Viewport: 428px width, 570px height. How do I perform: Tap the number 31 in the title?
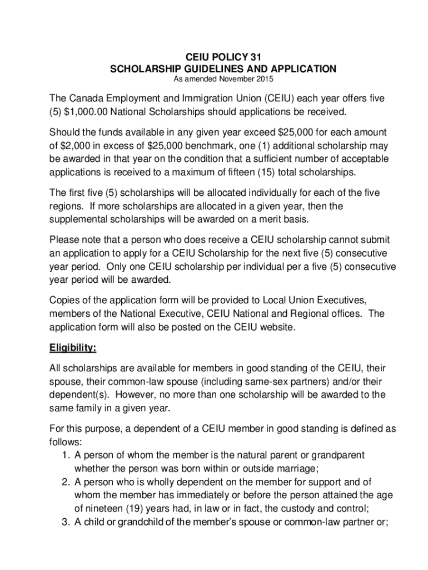tap(253, 57)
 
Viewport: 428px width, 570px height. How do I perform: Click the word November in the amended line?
tap(234, 79)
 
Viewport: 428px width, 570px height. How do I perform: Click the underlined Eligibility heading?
tap(73, 348)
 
